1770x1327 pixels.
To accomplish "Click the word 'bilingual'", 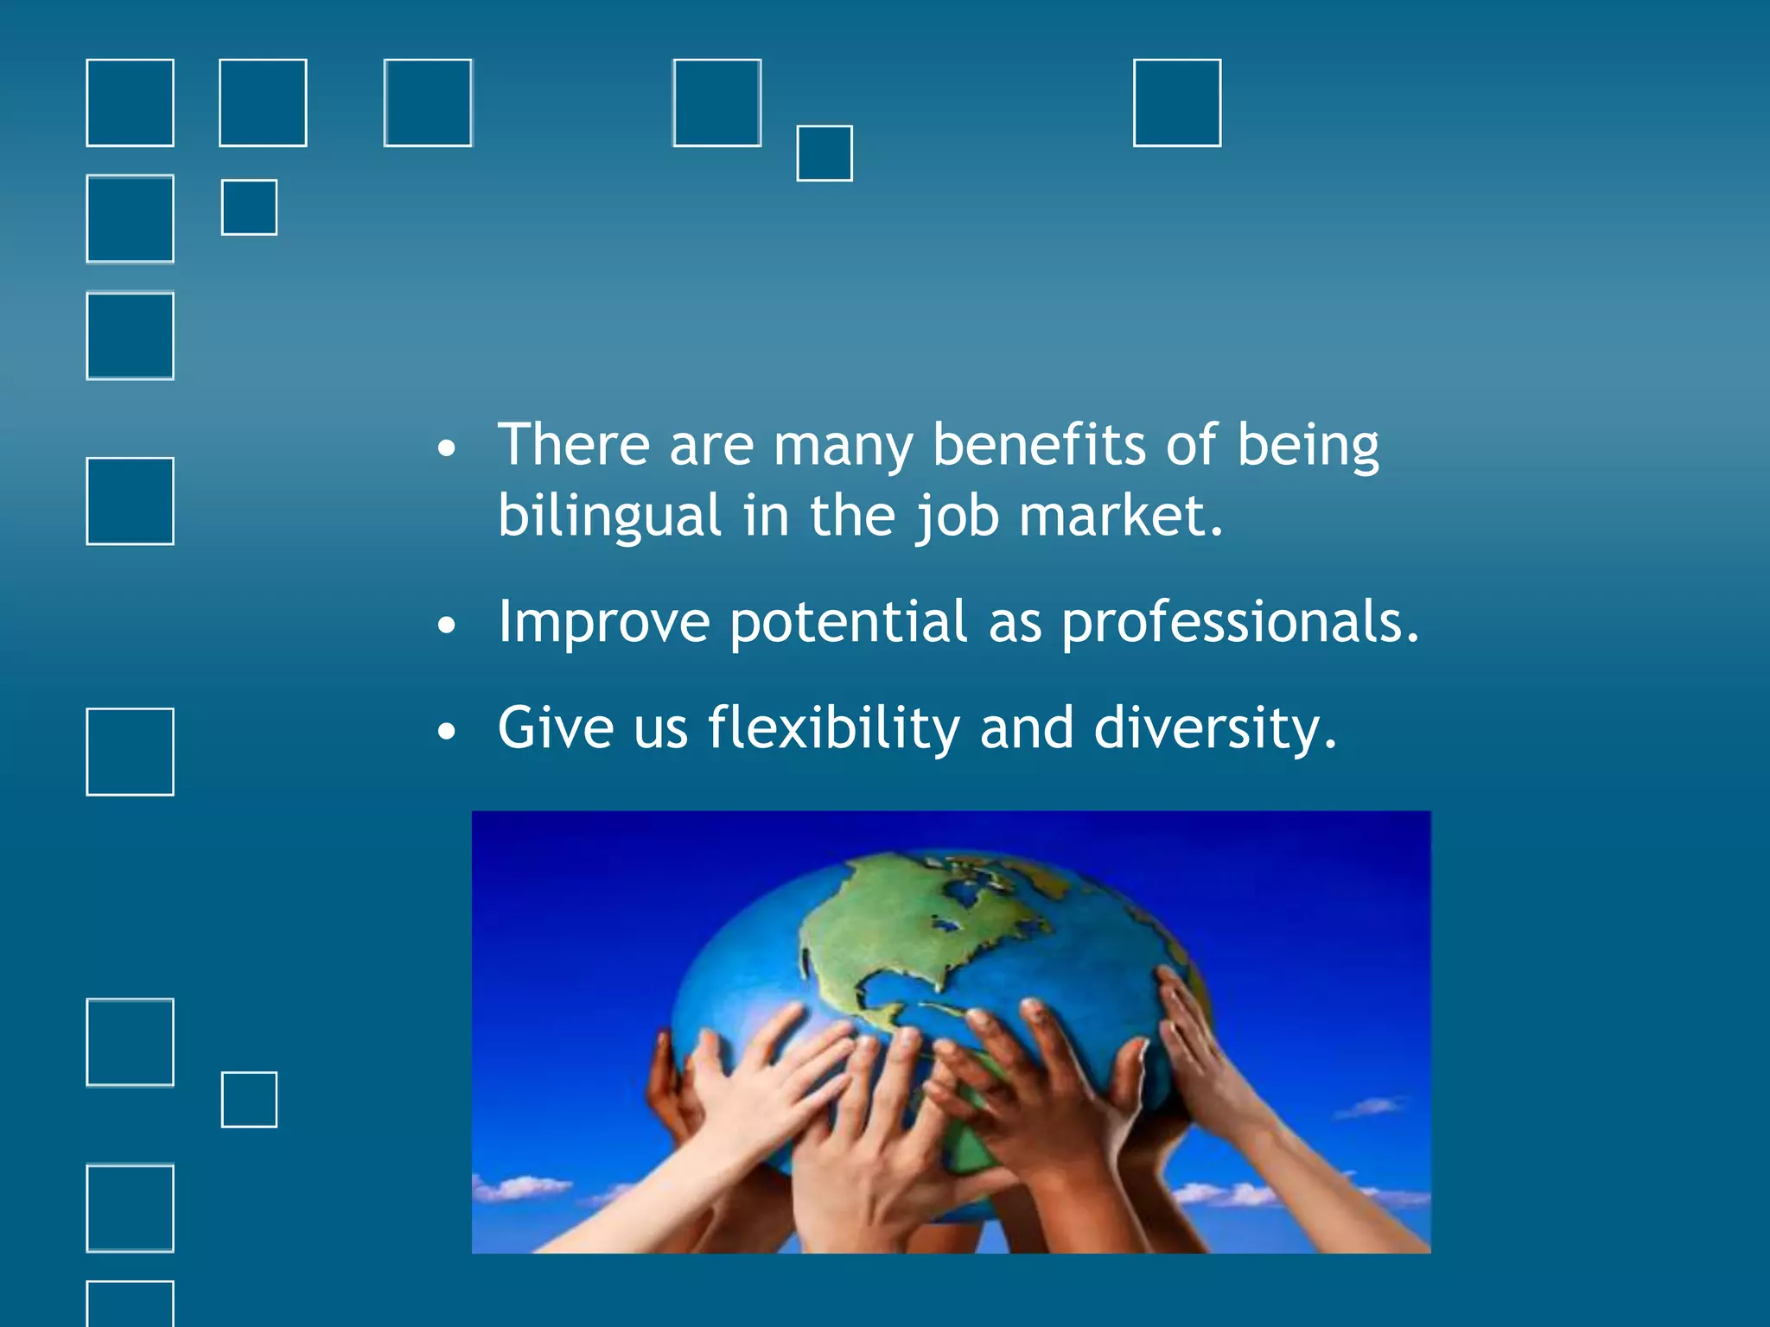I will pos(608,516).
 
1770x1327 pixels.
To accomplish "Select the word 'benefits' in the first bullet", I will pos(1040,445).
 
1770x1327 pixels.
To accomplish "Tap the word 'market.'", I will pos(1121,516).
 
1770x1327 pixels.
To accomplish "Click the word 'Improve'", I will pos(603,622).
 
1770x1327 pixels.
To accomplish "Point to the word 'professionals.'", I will pos(1239,622).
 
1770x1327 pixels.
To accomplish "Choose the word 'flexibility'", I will pos(833,727).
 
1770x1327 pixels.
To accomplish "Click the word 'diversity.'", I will pos(1215,727).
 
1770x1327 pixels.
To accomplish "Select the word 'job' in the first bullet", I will pos(958,516).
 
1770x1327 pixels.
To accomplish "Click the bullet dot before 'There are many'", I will pos(446,448).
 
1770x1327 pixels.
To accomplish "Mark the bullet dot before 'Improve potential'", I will pos(446,625).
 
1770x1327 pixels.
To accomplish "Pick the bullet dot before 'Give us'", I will pos(446,732).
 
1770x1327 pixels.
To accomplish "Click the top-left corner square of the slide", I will pos(130,103).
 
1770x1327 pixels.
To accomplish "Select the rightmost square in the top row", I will pos(1176,103).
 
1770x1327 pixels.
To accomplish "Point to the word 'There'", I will pos(573,445).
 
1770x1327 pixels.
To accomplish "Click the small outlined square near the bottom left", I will pos(249,1099).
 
